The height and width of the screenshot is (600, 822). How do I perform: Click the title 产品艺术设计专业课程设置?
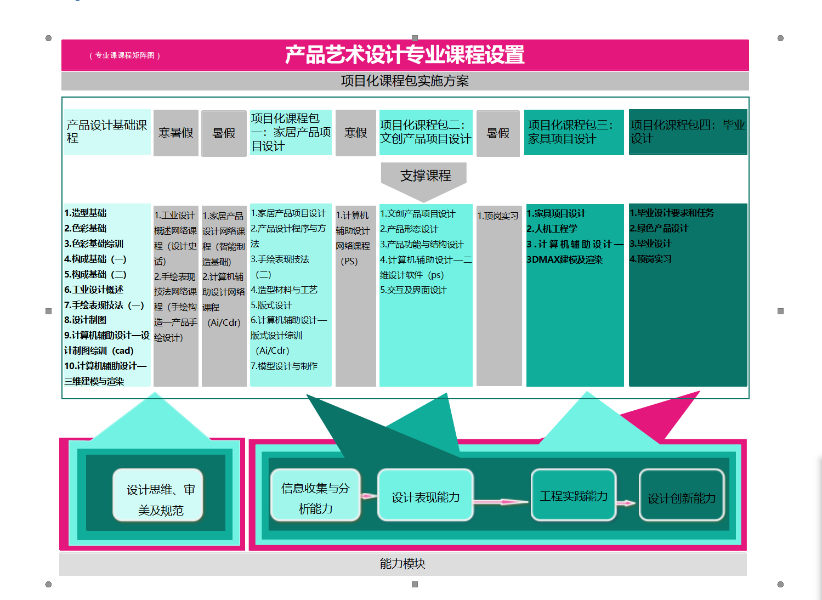coord(405,55)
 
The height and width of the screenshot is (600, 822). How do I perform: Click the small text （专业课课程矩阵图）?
coord(124,55)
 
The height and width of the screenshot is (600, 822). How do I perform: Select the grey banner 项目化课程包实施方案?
coord(405,81)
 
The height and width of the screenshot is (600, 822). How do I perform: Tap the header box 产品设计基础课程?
coord(107,132)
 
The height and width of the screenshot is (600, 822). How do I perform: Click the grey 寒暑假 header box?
coord(175,133)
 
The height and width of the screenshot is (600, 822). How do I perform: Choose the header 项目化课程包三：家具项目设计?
coord(573,132)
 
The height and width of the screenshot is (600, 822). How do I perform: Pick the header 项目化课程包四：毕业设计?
coord(688,132)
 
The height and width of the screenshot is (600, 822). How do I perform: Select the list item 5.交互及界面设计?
coord(413,290)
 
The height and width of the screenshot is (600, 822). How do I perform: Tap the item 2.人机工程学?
coord(552,229)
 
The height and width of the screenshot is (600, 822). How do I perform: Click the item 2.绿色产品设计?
coord(659,228)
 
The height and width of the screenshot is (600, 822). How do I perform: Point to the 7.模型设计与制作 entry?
coord(284,366)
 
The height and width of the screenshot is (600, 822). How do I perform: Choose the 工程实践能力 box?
coord(573,495)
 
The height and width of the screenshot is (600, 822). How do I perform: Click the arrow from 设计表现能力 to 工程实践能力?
coord(501,501)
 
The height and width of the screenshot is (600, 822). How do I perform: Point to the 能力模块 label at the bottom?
coord(403,564)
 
